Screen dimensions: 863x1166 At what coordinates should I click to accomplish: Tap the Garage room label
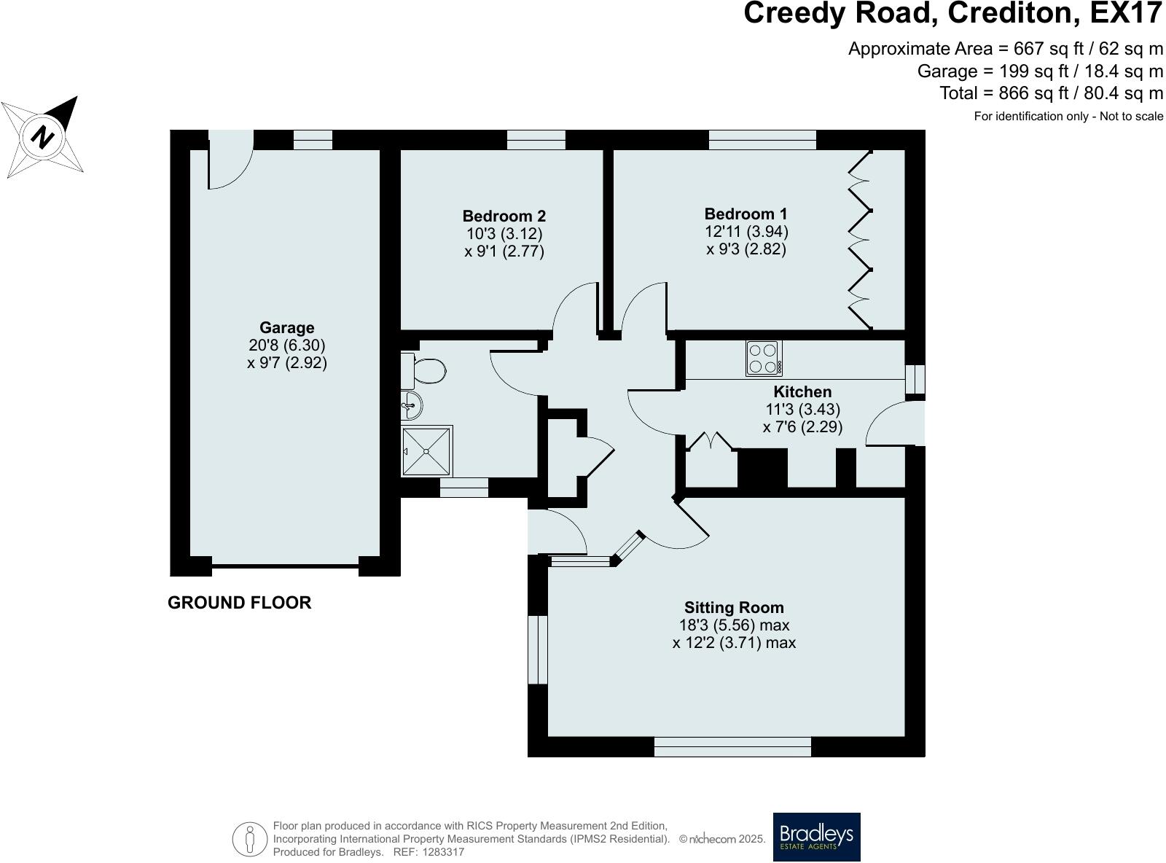[286, 328]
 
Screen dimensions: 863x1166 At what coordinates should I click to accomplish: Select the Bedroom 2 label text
[504, 216]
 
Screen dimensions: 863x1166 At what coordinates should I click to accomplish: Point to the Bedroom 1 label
[746, 214]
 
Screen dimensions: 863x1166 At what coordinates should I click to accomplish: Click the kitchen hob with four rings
[764, 358]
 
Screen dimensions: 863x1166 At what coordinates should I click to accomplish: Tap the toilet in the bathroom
[426, 372]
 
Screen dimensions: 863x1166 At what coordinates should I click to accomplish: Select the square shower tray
[426, 450]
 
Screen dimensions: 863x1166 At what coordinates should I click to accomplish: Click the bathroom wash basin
[410, 405]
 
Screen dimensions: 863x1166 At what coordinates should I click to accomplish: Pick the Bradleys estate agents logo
[816, 837]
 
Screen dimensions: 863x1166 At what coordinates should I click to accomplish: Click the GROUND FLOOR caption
[239, 603]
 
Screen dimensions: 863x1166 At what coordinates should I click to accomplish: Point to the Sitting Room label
[734, 608]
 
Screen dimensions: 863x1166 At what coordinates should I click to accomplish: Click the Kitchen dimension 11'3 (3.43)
[802, 410]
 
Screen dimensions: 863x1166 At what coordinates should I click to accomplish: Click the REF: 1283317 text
[429, 852]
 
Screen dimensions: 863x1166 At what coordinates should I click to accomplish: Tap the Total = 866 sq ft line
[1051, 93]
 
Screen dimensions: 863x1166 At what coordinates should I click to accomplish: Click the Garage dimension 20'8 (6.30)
[286, 345]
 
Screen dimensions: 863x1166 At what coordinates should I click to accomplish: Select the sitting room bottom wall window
[732, 746]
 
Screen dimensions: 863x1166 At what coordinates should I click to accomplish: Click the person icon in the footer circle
[250, 839]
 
